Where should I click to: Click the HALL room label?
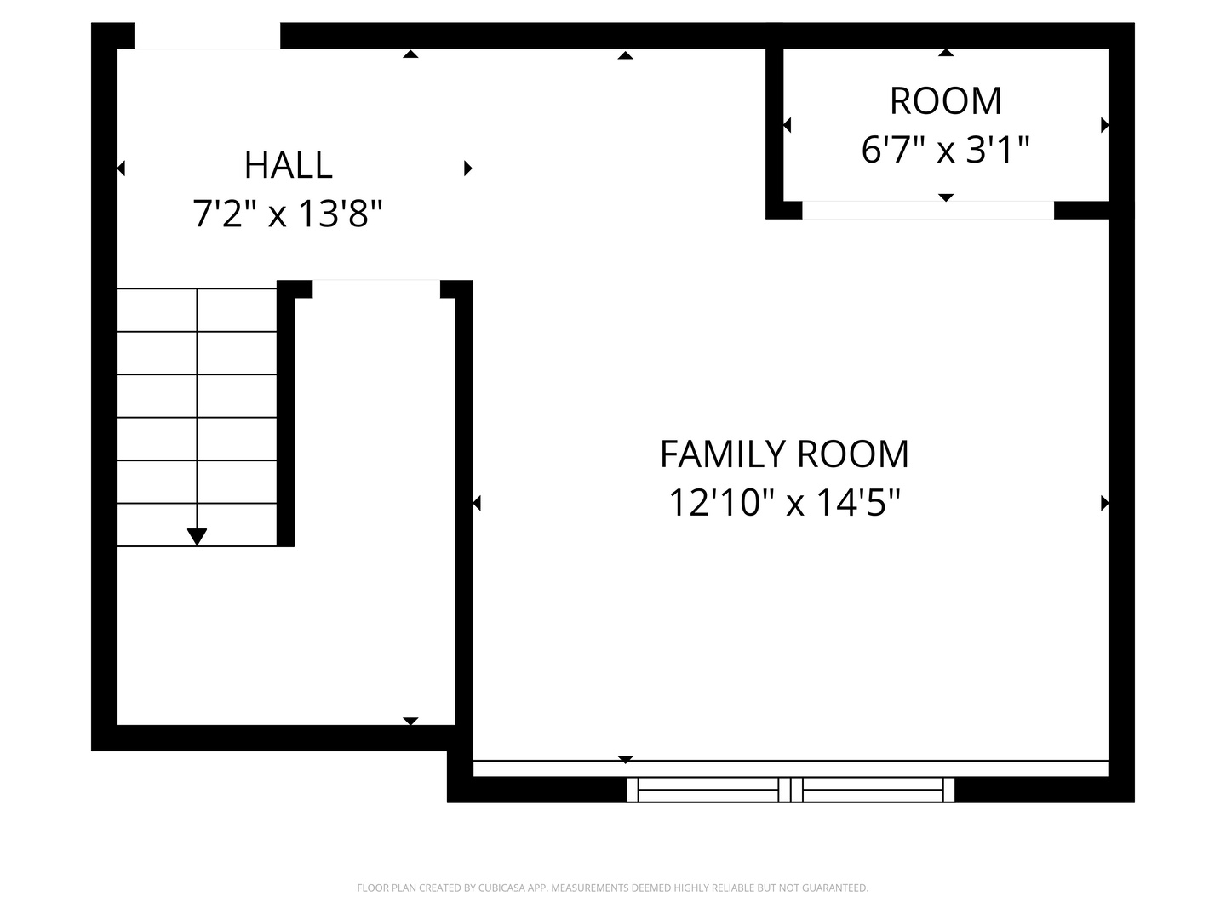pos(289,165)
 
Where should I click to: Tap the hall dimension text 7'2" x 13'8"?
pos(288,214)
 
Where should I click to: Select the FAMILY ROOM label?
pos(784,454)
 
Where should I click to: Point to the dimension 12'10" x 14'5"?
pos(784,503)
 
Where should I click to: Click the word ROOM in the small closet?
pos(946,101)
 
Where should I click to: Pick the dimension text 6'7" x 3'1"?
pos(945,150)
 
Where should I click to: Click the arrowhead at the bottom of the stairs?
pos(198,536)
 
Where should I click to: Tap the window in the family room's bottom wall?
pos(790,790)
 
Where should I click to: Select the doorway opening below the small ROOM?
pos(928,210)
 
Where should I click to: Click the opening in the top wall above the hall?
pos(207,36)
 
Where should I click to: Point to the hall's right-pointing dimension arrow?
pos(468,168)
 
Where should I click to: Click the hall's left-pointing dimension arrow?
pos(121,168)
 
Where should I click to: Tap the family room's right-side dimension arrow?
pos(1104,503)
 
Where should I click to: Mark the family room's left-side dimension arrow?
pos(477,503)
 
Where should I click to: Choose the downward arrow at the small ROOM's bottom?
pos(946,197)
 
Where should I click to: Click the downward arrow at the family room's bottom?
pos(626,759)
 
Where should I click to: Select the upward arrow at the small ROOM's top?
pos(946,53)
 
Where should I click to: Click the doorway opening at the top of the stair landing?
pos(376,288)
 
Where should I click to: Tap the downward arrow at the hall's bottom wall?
pos(410,722)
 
